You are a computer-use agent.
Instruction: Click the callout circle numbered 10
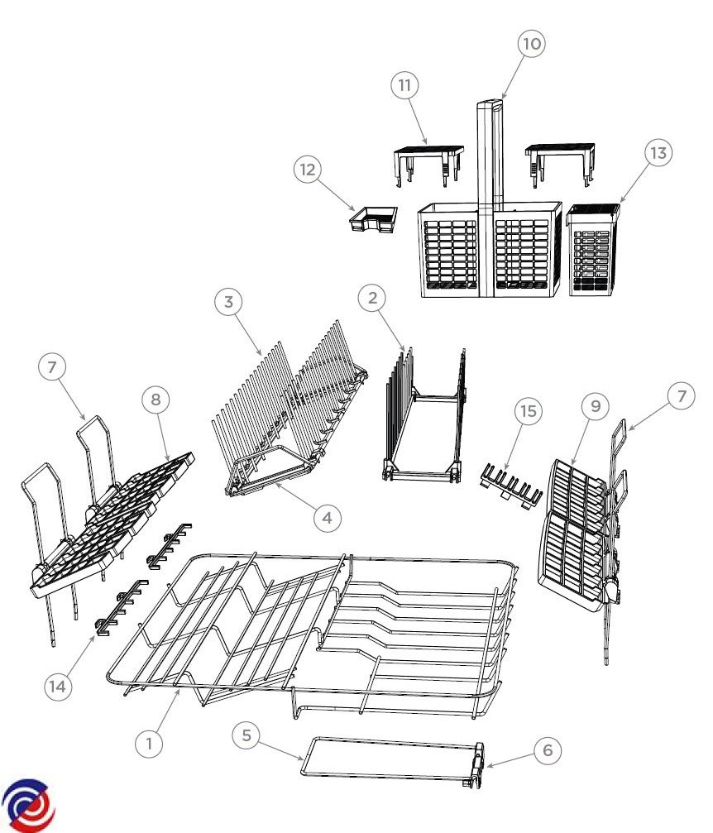click(532, 44)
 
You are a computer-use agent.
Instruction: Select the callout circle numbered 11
click(404, 85)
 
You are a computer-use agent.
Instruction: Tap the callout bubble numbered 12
click(308, 170)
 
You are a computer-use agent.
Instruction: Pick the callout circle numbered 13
click(658, 153)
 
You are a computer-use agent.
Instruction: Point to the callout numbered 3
click(228, 302)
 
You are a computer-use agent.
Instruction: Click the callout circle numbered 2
click(372, 298)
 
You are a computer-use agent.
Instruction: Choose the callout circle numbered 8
click(156, 400)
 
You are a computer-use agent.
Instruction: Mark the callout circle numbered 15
click(528, 411)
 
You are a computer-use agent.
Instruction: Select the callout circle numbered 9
click(596, 406)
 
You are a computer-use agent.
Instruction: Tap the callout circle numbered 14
click(57, 687)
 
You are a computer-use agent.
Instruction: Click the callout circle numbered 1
click(149, 743)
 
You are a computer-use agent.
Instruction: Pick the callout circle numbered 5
click(246, 735)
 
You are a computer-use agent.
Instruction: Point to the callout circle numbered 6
click(548, 750)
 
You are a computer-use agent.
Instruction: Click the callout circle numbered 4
click(328, 518)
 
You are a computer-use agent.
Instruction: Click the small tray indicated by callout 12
click(373, 219)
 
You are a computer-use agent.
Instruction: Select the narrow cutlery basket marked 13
click(593, 250)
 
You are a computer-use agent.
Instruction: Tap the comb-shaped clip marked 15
click(511, 486)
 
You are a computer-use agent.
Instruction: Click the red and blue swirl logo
click(27, 806)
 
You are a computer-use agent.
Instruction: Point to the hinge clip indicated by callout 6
click(479, 765)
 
